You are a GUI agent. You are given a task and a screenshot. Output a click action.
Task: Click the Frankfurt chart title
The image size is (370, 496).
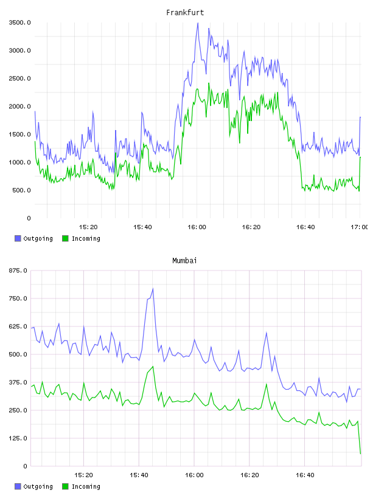click(185, 12)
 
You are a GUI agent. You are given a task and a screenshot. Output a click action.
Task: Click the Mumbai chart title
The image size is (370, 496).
click(184, 260)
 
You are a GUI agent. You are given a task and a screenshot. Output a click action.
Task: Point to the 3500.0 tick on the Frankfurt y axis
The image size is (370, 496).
click(19, 22)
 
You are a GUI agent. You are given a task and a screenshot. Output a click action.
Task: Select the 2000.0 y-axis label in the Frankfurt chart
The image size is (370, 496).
click(19, 106)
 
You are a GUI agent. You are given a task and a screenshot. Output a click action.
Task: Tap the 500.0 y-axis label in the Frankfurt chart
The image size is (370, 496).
click(21, 190)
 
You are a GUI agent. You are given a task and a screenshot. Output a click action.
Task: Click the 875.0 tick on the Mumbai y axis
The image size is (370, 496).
click(18, 270)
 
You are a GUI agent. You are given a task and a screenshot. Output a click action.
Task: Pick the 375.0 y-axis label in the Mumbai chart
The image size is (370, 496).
click(18, 382)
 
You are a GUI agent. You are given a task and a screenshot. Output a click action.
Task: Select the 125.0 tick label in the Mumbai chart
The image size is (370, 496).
click(18, 438)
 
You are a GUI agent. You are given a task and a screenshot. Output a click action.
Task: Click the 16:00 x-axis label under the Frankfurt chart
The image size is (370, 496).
click(197, 227)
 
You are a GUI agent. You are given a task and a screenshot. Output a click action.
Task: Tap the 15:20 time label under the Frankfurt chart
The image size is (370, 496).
click(88, 227)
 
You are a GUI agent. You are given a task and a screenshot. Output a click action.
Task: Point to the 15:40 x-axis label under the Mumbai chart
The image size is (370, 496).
click(139, 475)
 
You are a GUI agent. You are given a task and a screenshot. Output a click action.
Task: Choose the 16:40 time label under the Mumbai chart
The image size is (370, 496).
click(305, 475)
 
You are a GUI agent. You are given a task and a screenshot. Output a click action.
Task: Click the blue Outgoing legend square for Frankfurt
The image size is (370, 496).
click(18, 238)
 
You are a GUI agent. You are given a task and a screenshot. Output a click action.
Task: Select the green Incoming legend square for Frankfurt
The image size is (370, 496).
click(65, 238)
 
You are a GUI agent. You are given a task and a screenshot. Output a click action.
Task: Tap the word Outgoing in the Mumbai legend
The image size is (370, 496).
click(38, 486)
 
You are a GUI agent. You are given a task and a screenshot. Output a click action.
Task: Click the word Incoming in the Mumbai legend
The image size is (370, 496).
click(86, 486)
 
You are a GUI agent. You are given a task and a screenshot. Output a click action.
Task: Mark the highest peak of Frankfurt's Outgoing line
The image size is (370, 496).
click(198, 22)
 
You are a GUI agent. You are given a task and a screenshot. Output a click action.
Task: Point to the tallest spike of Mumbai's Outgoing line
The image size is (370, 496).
click(153, 289)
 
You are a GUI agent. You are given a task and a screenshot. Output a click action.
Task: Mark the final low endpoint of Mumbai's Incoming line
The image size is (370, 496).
click(360, 453)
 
